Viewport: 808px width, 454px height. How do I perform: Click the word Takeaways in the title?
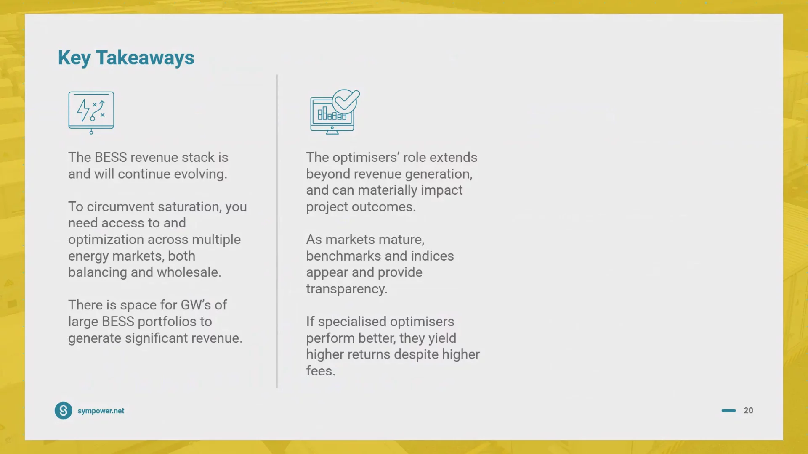coord(145,58)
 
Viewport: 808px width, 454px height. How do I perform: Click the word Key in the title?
coord(74,58)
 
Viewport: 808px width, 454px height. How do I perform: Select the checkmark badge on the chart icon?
coord(346,101)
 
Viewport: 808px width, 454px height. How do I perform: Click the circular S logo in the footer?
coord(64,411)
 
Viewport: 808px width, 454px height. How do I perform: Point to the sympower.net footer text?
coord(101,411)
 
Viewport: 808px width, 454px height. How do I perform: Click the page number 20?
coord(748,411)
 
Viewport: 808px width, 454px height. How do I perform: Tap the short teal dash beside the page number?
coord(728,411)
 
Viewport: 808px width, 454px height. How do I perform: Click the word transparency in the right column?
coord(347,289)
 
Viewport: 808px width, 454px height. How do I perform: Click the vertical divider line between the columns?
coord(277,231)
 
